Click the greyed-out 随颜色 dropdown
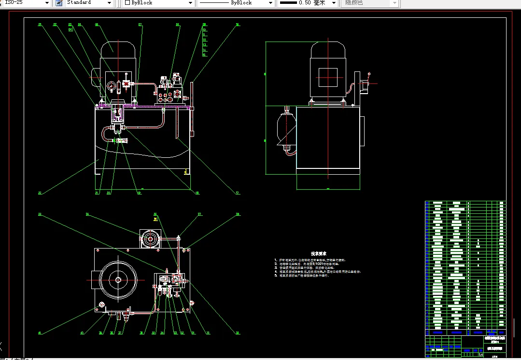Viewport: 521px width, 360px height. click(x=370, y=3)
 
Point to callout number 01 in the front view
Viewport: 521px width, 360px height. click(x=40, y=24)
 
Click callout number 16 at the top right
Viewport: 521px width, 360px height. click(x=237, y=24)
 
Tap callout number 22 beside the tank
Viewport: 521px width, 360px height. click(x=40, y=193)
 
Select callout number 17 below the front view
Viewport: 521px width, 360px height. click(x=237, y=193)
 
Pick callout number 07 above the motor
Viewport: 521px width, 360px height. click(x=140, y=24)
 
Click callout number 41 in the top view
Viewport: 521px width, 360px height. click(x=40, y=332)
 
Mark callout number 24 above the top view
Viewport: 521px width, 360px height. click(x=87, y=214)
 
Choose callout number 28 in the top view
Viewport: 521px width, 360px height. click(x=237, y=214)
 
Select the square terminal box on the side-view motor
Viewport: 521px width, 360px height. click(x=327, y=77)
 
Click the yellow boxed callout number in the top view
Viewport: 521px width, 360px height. click(x=155, y=219)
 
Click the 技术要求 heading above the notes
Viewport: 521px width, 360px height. click(x=319, y=253)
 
